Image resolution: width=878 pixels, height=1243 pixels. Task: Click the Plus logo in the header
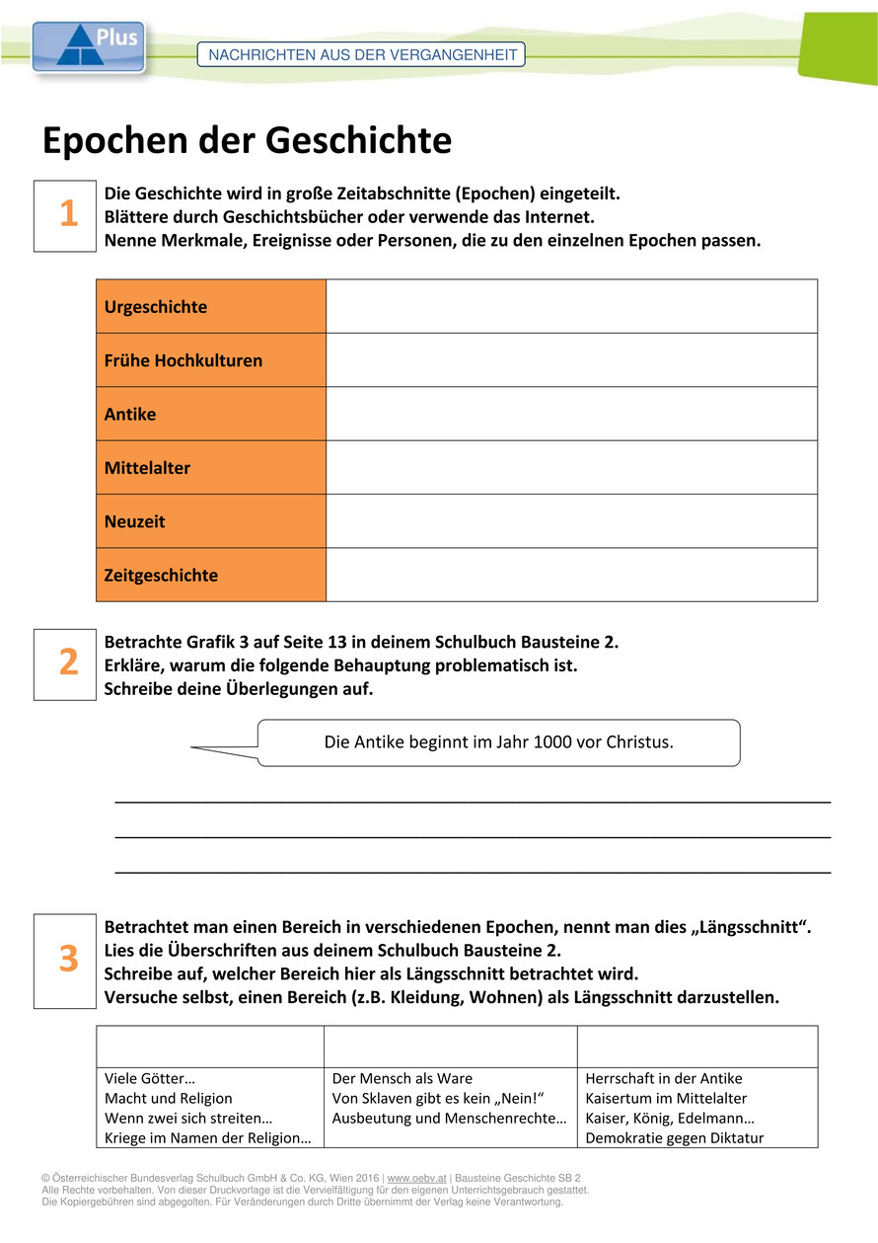pos(89,46)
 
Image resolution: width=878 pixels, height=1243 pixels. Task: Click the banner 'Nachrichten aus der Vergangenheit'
pos(361,55)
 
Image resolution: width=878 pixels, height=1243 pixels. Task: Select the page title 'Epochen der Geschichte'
pos(247,141)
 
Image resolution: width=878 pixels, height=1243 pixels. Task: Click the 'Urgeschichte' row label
pos(156,307)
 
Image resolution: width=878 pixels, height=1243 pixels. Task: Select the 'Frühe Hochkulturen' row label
pos(183,360)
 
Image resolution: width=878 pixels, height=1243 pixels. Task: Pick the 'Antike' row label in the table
pos(130,415)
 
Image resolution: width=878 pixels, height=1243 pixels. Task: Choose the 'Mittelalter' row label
pos(147,468)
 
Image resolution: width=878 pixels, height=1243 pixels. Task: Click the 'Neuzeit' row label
pos(135,521)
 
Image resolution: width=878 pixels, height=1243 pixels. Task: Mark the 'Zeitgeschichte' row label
pos(161,576)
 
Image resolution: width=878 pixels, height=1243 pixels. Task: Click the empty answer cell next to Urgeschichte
pos(571,306)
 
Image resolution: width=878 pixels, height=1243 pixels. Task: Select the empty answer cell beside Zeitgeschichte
pos(571,575)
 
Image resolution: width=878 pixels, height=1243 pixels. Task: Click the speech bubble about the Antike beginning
pos(498,742)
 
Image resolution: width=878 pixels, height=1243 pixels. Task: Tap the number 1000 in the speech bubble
pos(551,742)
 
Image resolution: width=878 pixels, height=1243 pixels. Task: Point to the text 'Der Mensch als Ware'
pos(402,1079)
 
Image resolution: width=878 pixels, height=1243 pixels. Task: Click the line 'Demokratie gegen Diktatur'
pos(674,1138)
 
